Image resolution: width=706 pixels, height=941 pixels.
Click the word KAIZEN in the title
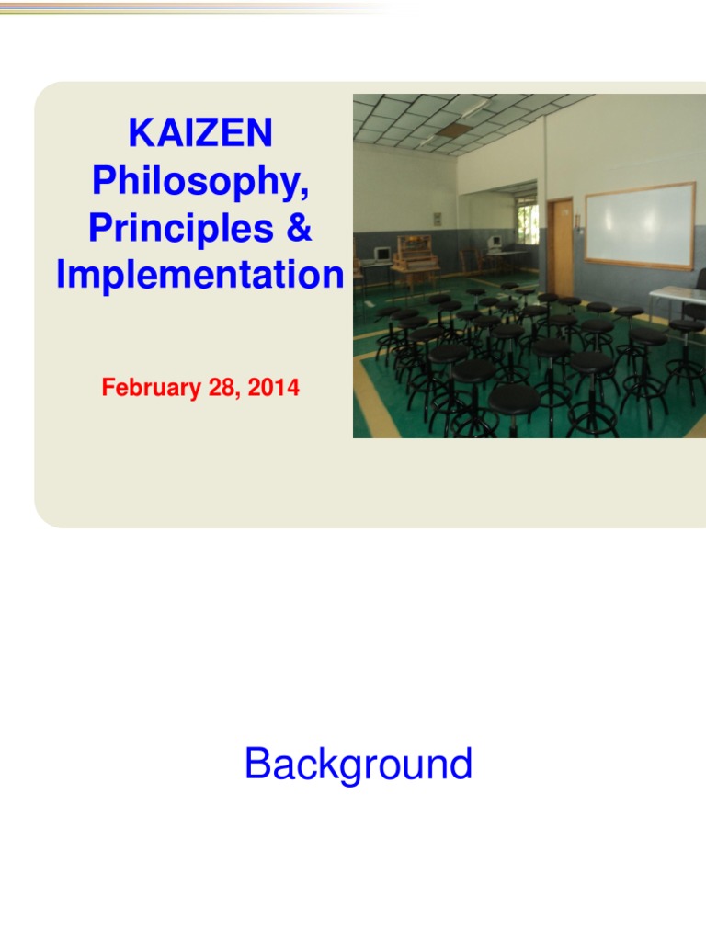(200, 134)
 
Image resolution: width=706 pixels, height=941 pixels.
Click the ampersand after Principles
(299, 229)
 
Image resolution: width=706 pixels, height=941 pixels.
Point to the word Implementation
(200, 276)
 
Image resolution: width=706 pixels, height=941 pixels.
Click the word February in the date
(147, 388)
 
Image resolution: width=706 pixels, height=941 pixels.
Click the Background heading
(359, 765)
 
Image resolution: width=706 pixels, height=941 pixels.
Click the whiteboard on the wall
(640, 224)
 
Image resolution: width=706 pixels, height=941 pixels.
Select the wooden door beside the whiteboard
(560, 245)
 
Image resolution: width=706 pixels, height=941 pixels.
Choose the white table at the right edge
(678, 295)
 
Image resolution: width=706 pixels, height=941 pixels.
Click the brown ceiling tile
(451, 130)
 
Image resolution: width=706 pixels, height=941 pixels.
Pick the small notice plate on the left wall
(438, 219)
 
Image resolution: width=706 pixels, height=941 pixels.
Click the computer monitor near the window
(495, 243)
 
